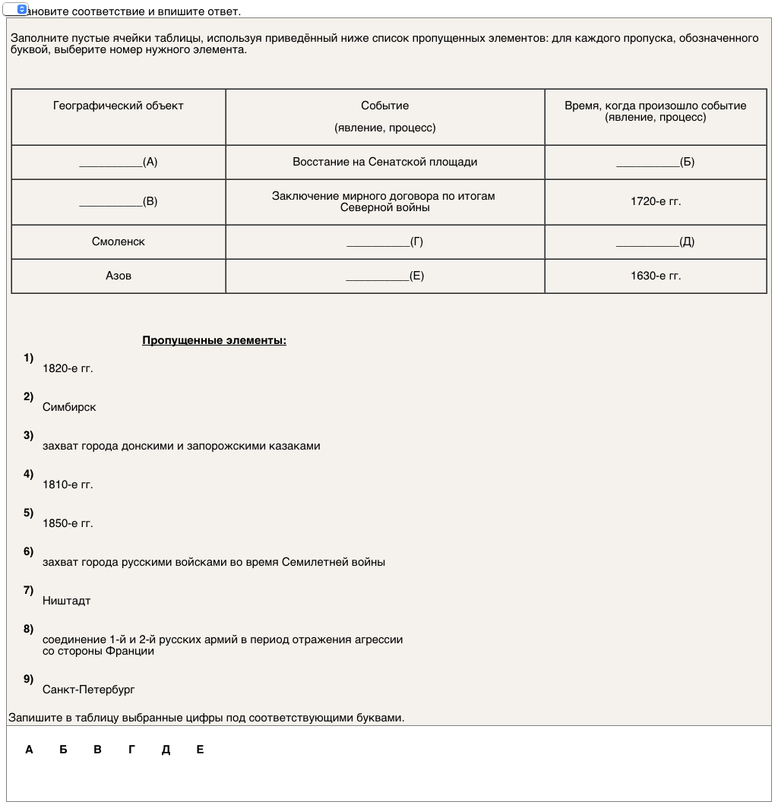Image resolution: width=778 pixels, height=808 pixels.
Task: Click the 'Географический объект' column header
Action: click(119, 106)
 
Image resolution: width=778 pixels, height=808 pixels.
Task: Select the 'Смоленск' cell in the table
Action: click(119, 241)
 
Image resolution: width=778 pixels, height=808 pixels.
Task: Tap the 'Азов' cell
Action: click(119, 276)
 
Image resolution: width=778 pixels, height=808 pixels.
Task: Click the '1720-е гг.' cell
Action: click(656, 202)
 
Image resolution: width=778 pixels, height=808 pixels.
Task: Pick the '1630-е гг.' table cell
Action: click(656, 276)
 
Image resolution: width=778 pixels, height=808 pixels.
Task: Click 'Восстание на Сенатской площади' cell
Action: click(385, 162)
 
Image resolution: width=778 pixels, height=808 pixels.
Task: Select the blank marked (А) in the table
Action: click(119, 162)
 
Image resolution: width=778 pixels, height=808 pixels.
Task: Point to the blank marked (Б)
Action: click(656, 162)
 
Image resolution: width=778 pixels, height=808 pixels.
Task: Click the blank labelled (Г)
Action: click(385, 241)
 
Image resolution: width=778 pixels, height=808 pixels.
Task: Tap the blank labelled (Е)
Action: click(385, 276)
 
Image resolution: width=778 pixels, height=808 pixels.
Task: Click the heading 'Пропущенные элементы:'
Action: click(214, 340)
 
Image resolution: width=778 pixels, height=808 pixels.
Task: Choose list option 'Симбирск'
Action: click(69, 407)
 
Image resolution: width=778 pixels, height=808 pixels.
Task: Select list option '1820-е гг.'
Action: click(68, 368)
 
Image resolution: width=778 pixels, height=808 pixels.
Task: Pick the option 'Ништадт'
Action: click(67, 601)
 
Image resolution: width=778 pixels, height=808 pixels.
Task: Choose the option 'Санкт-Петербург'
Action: click(89, 690)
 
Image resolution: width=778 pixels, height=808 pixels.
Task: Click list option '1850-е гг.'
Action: click(68, 523)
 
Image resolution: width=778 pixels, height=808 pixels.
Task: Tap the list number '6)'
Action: click(29, 551)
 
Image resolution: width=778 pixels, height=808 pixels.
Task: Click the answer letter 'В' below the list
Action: click(97, 750)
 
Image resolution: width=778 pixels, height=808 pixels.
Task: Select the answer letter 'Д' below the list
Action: click(166, 750)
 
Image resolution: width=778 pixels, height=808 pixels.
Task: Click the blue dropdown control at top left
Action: click(21, 9)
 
